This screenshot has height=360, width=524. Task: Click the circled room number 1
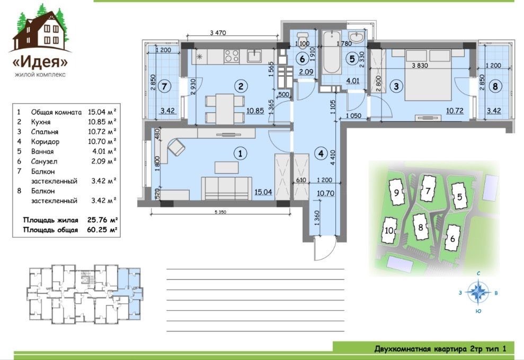pyautogui.click(x=240, y=154)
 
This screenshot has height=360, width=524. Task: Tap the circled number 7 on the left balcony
pyautogui.click(x=164, y=86)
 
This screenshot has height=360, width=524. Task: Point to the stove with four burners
pyautogui.click(x=231, y=56)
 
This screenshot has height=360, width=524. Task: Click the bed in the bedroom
pyautogui.click(x=430, y=75)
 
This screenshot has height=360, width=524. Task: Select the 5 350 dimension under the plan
pyautogui.click(x=220, y=212)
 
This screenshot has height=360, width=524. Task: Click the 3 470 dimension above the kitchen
pyautogui.click(x=218, y=33)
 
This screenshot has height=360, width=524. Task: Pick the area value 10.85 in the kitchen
pyautogui.click(x=255, y=111)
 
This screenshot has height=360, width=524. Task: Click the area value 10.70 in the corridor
pyautogui.click(x=325, y=193)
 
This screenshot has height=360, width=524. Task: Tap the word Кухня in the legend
pyautogui.click(x=41, y=122)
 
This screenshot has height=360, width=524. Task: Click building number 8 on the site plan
pyautogui.click(x=420, y=228)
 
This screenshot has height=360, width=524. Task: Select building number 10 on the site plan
pyautogui.click(x=389, y=230)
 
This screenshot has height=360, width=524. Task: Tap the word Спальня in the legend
pyautogui.click(x=45, y=132)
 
